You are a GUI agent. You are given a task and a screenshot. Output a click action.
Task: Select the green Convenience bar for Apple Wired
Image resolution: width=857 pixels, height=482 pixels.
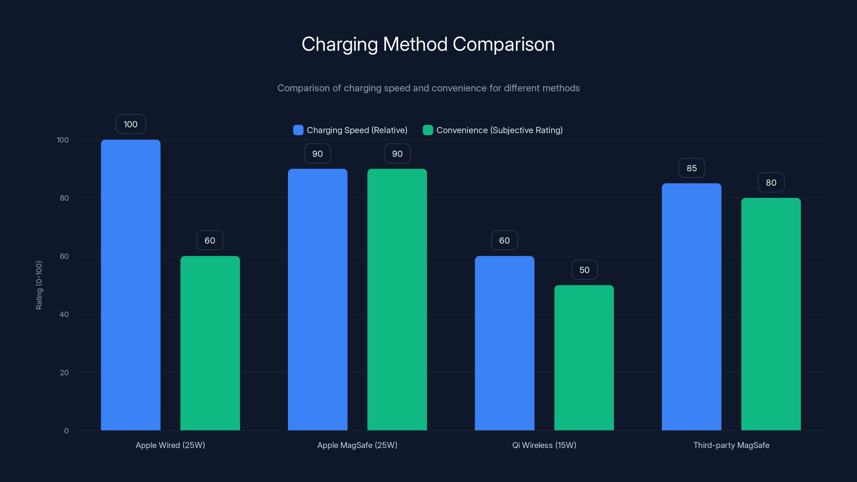[x=210, y=343]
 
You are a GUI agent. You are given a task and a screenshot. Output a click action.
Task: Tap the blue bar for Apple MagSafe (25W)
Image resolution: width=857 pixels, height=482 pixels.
[x=317, y=299]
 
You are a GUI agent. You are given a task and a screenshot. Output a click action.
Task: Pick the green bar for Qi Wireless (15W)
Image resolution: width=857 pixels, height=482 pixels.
[x=584, y=357]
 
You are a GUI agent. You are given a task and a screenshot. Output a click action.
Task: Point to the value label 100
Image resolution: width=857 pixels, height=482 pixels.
[x=130, y=124]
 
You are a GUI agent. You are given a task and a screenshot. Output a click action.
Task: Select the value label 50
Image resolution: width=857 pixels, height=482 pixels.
[x=584, y=270]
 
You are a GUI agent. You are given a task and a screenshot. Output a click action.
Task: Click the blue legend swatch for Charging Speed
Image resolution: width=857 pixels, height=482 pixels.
[x=298, y=130]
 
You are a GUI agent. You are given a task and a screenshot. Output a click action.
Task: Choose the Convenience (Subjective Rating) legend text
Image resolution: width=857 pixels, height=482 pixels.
[x=499, y=130]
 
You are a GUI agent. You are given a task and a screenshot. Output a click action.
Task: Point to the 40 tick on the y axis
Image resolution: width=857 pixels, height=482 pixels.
[x=64, y=314]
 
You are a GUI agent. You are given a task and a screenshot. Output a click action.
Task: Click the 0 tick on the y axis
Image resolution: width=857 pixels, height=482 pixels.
[x=66, y=431]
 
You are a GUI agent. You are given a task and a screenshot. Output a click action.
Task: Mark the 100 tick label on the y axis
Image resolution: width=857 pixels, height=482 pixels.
[x=63, y=140]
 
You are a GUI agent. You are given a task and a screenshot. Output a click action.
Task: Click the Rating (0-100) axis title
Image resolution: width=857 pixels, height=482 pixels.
[x=39, y=285]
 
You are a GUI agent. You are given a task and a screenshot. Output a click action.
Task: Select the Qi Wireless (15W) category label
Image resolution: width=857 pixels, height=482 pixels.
[x=544, y=445]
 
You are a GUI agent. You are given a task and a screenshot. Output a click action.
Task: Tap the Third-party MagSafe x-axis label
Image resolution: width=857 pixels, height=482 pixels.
[x=731, y=445]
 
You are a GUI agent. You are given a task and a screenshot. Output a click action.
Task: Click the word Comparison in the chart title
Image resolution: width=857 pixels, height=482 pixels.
[x=503, y=44]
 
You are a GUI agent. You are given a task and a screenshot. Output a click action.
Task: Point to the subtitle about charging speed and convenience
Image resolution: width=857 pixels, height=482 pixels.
[x=428, y=88]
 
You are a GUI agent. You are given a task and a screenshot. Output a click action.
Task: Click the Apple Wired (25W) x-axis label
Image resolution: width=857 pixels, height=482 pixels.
[x=170, y=445]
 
